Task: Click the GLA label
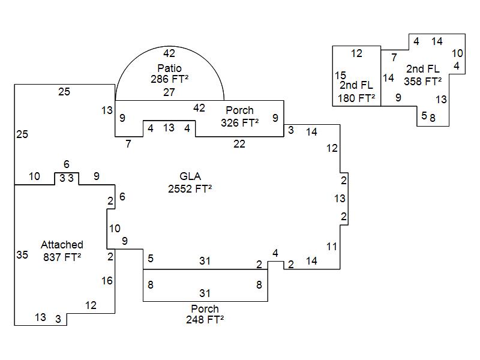[x=190, y=176]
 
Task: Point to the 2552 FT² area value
[x=190, y=188]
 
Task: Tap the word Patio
[x=169, y=68]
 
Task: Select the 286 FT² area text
[x=169, y=79]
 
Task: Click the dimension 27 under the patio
[x=169, y=92]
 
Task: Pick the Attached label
[x=62, y=245]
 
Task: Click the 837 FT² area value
[x=62, y=257]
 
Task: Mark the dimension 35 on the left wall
[x=22, y=255]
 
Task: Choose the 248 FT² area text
[x=205, y=320]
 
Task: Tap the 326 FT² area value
[x=239, y=122]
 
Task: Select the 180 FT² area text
[x=356, y=98]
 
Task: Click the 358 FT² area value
[x=423, y=80]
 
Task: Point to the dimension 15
[x=340, y=76]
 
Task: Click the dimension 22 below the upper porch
[x=239, y=144]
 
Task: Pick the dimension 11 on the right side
[x=332, y=247]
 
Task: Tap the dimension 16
[x=107, y=281]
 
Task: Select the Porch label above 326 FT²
[x=239, y=110]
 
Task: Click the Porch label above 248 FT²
[x=205, y=309]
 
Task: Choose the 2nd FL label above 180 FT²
[x=356, y=86]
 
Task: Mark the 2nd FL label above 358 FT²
[x=423, y=69]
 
